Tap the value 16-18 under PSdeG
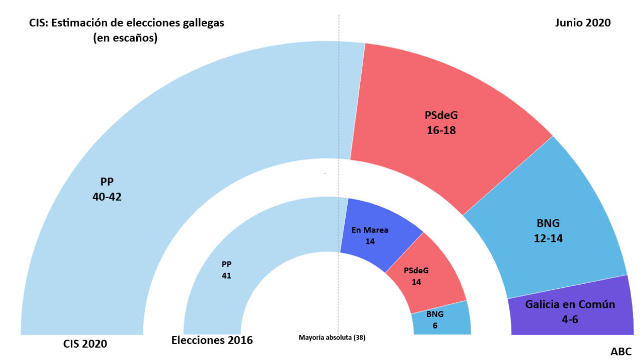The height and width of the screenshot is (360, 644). pyautogui.click(x=441, y=130)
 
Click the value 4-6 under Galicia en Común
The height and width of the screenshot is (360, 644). pyautogui.click(x=570, y=319)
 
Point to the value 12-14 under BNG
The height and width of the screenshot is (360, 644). pyautogui.click(x=549, y=238)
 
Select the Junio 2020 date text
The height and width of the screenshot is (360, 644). pyautogui.click(x=583, y=23)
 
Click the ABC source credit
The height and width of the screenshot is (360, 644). pyautogui.click(x=621, y=352)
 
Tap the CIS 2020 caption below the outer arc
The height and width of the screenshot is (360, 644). pyautogui.click(x=85, y=343)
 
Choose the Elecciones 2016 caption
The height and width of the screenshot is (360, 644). pyautogui.click(x=212, y=340)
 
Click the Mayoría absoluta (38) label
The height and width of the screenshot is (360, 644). pyautogui.click(x=332, y=338)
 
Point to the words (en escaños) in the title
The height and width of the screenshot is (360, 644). pyautogui.click(x=125, y=38)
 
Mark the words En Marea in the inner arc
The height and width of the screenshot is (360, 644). pyautogui.click(x=370, y=231)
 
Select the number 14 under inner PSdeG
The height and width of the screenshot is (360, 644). pyautogui.click(x=416, y=282)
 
